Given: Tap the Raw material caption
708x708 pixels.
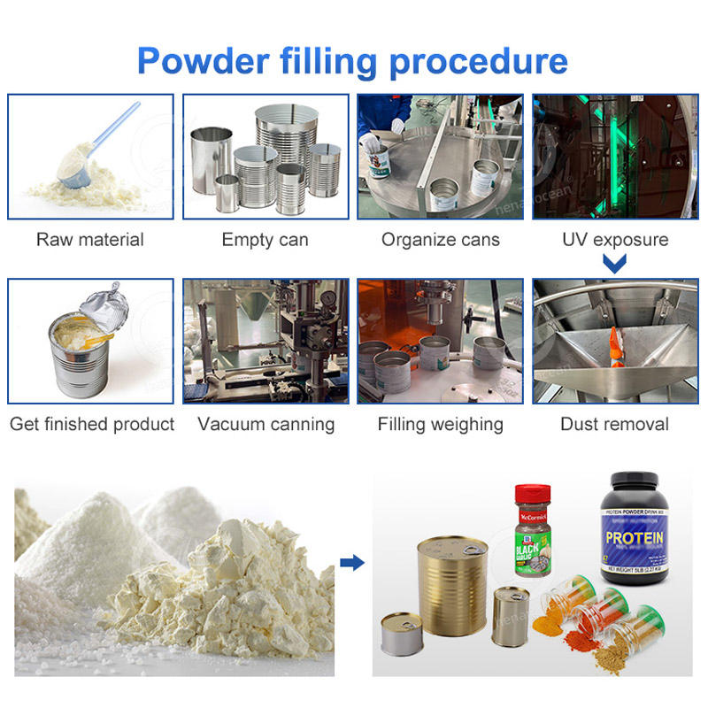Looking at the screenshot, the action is pyautogui.click(x=90, y=240).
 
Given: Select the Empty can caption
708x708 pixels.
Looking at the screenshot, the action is pyautogui.click(x=265, y=240).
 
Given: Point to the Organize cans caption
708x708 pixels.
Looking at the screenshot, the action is pyautogui.click(x=441, y=240).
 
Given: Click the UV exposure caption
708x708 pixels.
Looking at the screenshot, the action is pyautogui.click(x=615, y=240).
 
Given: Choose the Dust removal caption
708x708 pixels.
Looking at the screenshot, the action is pyautogui.click(x=615, y=425).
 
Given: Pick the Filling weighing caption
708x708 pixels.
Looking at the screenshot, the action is pyautogui.click(x=441, y=425).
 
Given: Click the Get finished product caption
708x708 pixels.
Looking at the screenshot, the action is pyautogui.click(x=92, y=425).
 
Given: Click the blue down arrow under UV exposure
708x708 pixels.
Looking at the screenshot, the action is pyautogui.click(x=615, y=263).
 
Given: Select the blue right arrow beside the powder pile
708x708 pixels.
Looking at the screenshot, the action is pyautogui.click(x=352, y=562).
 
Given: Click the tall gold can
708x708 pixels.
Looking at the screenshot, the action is pyautogui.click(x=451, y=584).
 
